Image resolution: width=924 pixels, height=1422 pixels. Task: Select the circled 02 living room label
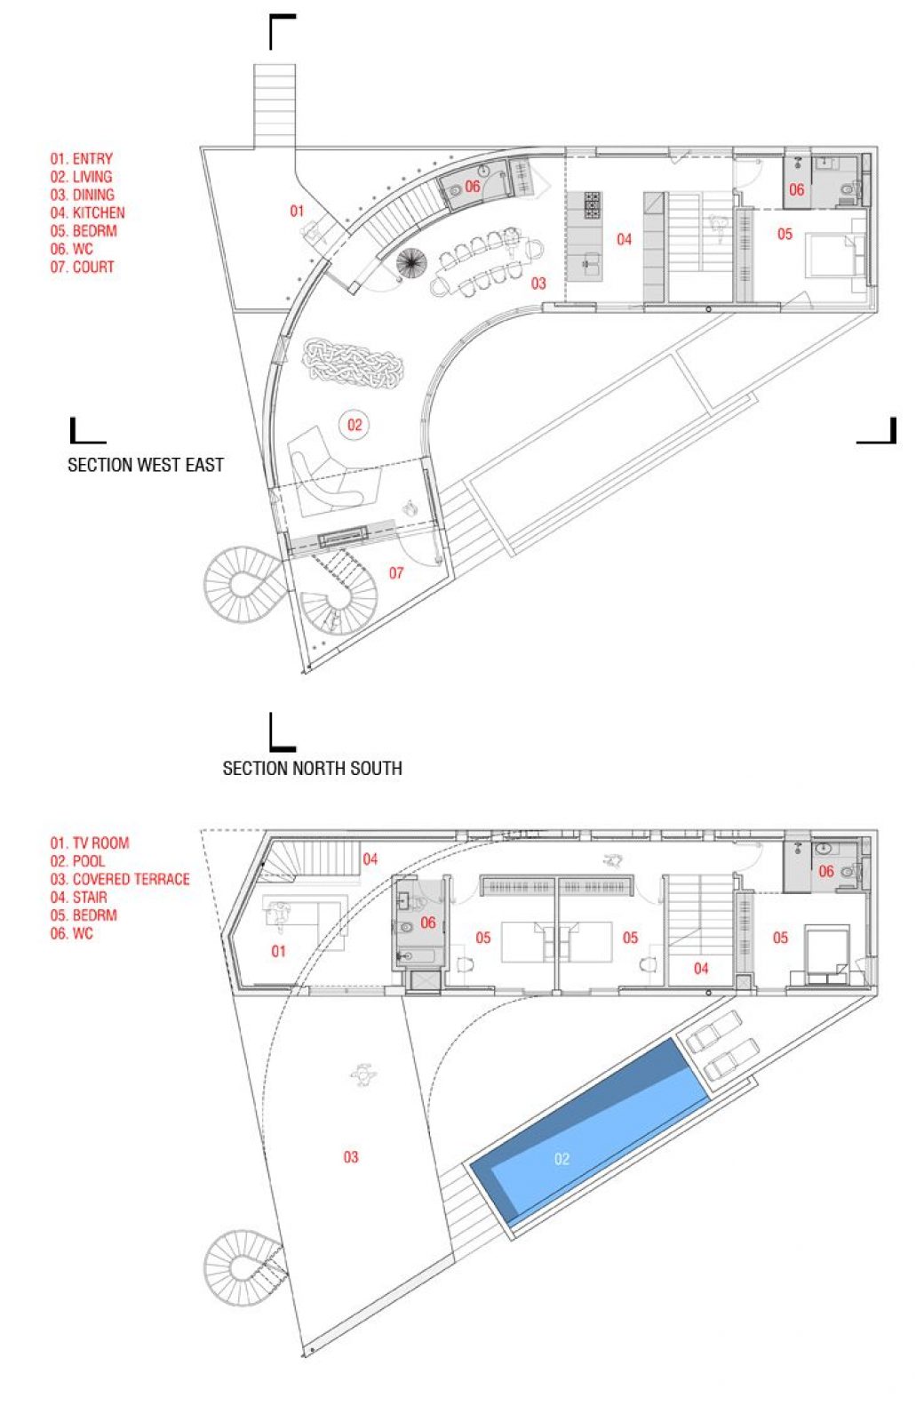[x=354, y=425]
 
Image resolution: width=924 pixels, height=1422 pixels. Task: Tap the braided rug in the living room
[x=354, y=363]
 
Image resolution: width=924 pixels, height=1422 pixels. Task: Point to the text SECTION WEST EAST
[x=146, y=465]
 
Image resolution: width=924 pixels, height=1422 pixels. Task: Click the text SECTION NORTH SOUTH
[x=312, y=769]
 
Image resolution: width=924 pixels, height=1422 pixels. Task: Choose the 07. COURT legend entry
[x=82, y=267]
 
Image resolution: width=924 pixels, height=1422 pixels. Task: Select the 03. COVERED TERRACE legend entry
[x=120, y=879]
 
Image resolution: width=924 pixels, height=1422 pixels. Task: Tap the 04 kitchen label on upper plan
[x=624, y=239]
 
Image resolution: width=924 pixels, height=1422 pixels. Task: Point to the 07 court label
[x=396, y=573]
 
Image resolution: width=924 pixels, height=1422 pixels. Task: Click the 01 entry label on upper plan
[x=297, y=211]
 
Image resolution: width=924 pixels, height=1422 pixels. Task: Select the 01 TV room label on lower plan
[x=278, y=951]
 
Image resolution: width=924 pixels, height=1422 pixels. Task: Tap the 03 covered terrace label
[x=351, y=1157]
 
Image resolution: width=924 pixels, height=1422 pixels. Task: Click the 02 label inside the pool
[x=562, y=1159]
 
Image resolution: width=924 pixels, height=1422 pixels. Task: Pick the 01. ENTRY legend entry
[x=82, y=159]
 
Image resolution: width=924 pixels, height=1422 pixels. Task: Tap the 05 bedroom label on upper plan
[x=785, y=235]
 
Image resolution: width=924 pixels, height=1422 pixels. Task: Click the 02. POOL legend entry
[x=77, y=861]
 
